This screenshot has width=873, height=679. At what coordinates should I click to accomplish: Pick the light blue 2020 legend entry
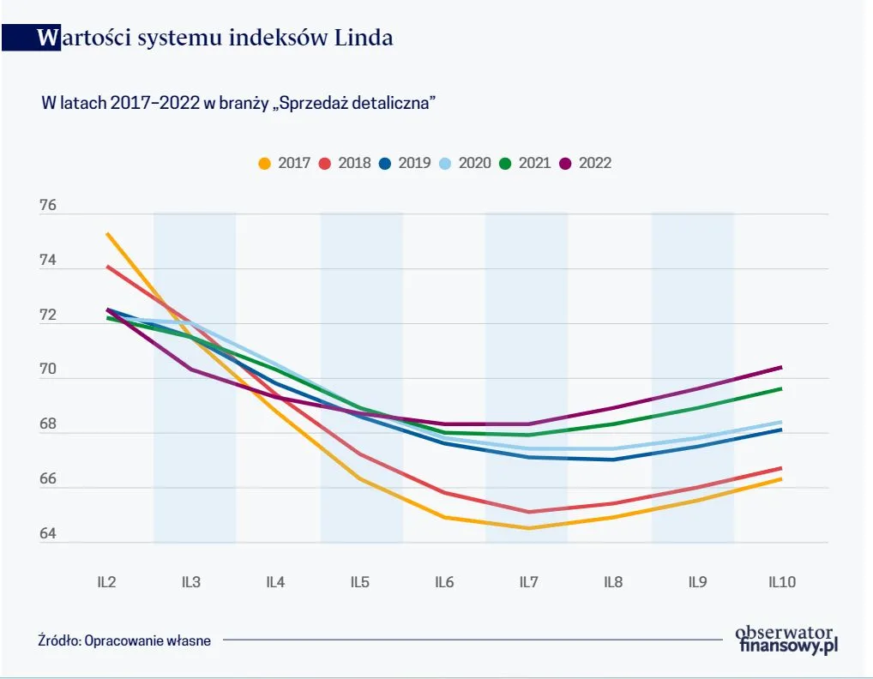(464, 163)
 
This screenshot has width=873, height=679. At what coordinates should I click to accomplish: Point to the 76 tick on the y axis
(47, 206)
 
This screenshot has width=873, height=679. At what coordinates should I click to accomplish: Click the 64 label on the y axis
(47, 534)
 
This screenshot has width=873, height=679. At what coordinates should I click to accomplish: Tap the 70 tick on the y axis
(47, 370)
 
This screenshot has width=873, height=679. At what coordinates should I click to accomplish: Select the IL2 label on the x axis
(106, 582)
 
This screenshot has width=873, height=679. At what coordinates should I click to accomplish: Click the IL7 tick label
(528, 582)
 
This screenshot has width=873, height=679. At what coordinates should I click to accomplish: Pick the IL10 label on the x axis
(781, 582)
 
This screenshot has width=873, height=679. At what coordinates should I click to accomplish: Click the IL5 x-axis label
(359, 582)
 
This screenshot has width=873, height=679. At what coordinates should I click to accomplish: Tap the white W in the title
(50, 38)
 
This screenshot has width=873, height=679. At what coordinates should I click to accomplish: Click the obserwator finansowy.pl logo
(786, 639)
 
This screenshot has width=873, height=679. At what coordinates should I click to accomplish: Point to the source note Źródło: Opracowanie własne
(124, 640)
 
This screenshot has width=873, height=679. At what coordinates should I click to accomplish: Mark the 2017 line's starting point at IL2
(107, 233)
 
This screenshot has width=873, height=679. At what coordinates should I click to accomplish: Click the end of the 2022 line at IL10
(780, 367)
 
